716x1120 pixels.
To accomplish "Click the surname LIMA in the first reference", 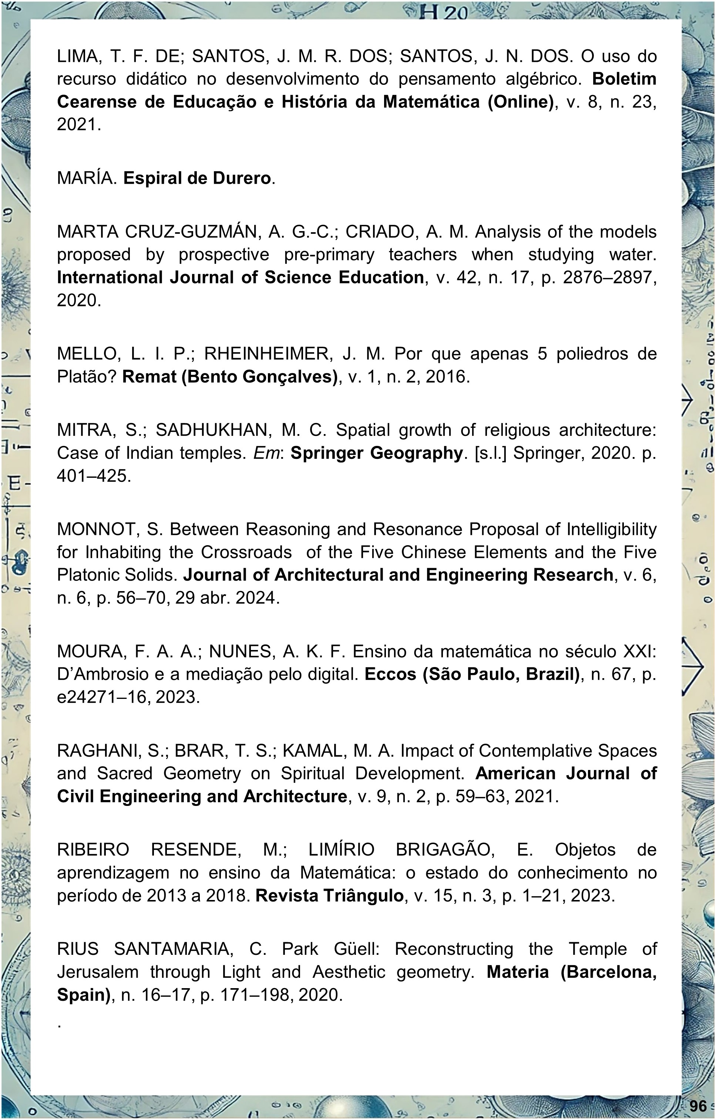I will (76, 56).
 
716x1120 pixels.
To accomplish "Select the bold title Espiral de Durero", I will (196, 178).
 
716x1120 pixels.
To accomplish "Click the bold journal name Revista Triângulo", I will (329, 895).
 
